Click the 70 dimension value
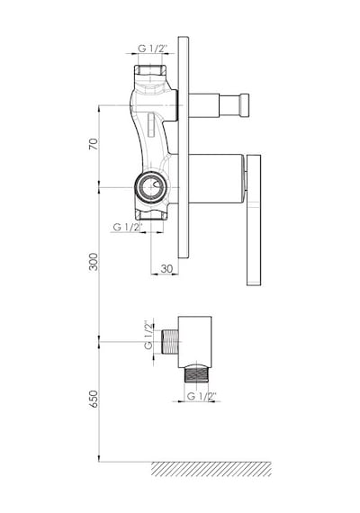tap(94, 144)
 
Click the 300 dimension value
tap(94, 261)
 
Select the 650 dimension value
tap(94, 399)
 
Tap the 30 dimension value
tap(166, 268)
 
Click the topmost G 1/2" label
tap(152, 49)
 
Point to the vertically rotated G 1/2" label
tap(148, 335)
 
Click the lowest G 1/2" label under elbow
tap(202, 396)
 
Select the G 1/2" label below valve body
tap(128, 227)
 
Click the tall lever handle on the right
tap(254, 220)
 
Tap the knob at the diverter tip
tap(245, 105)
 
